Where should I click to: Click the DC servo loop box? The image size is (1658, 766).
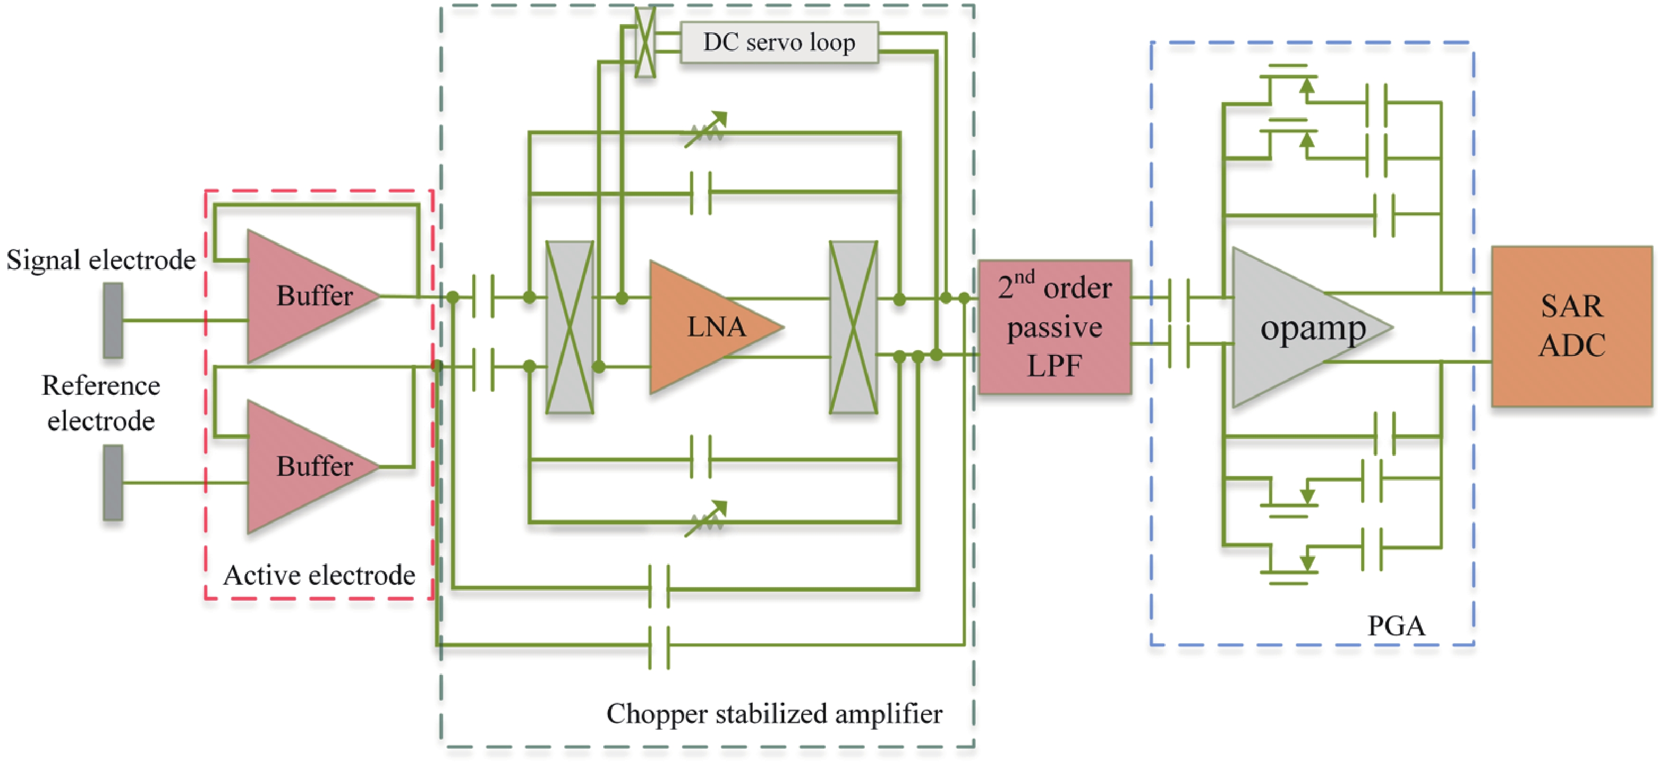point(779,43)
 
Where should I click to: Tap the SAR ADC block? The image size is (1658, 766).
point(1571,326)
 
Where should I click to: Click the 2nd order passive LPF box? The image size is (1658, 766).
point(1054,327)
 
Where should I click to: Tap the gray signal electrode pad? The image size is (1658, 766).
point(113,320)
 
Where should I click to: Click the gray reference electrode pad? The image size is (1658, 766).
point(113,482)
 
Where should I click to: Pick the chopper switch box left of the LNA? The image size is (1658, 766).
point(570,327)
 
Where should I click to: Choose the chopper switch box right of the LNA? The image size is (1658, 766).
point(853,327)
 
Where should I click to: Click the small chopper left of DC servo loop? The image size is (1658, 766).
point(645,43)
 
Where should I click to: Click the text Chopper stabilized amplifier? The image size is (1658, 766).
point(774,714)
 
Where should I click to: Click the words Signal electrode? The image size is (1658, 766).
point(101,260)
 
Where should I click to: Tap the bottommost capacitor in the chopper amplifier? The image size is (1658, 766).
point(659,645)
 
